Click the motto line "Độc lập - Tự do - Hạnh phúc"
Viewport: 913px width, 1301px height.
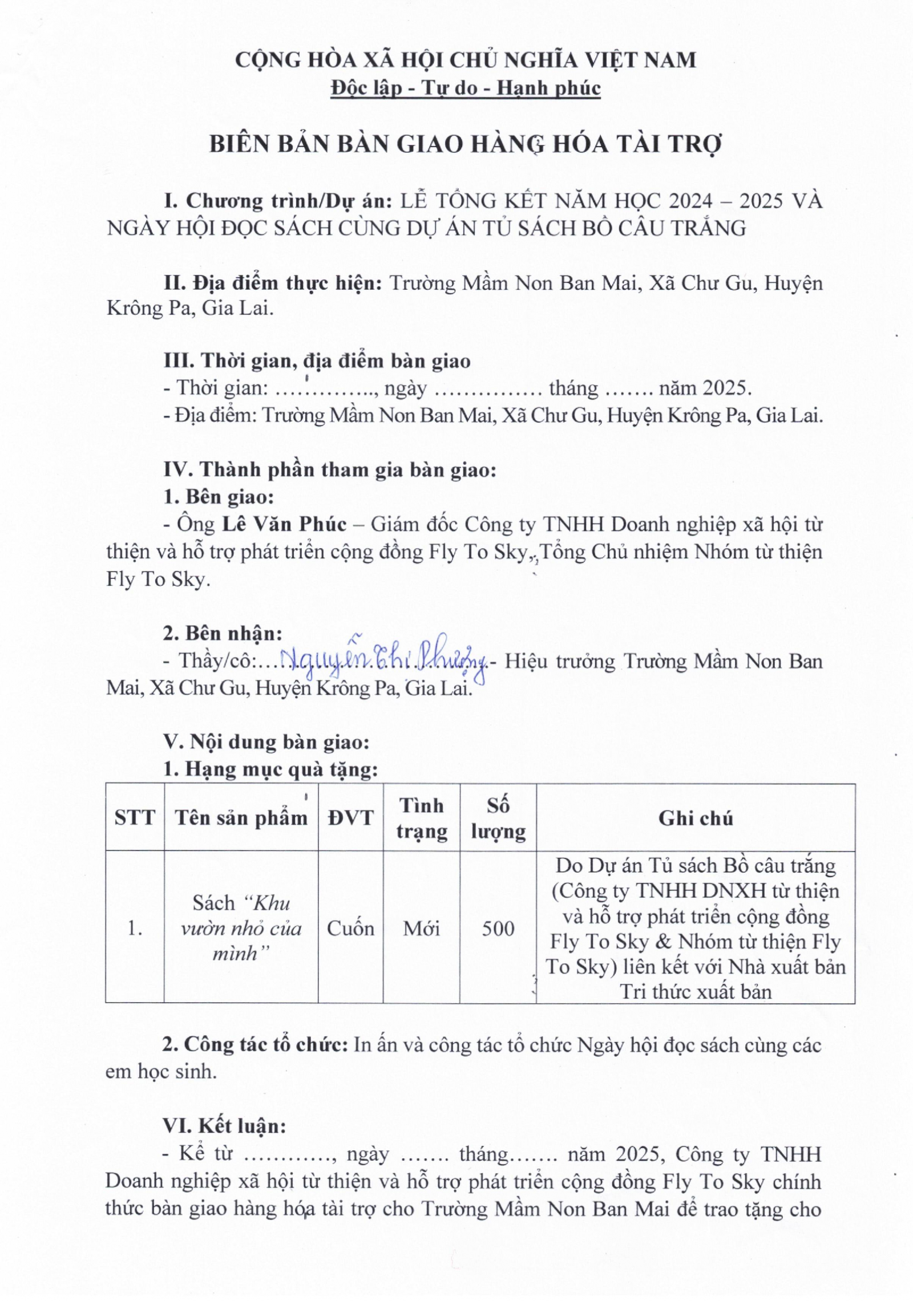[466, 88]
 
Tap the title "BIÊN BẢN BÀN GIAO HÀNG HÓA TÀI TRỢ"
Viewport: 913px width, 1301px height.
[466, 144]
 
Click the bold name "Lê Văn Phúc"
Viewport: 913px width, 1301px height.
[284, 524]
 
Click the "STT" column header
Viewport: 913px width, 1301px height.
[135, 817]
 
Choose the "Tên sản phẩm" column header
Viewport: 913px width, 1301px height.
[241, 817]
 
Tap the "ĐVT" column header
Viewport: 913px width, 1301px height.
[350, 817]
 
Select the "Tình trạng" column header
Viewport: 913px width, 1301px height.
[421, 818]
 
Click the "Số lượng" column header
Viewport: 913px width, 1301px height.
[498, 818]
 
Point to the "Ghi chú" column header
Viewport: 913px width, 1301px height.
[695, 818]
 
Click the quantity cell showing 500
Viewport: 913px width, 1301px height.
[498, 929]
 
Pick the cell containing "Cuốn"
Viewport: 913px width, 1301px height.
[350, 929]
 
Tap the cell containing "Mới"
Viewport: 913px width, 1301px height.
[421, 929]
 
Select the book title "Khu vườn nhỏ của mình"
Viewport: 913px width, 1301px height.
[241, 929]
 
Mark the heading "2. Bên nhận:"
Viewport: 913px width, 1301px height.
[223, 633]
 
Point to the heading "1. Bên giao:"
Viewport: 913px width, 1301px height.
[219, 497]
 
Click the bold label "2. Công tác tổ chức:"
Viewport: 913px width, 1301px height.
[255, 1044]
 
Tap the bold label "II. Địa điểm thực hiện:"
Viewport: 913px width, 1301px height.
[273, 283]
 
